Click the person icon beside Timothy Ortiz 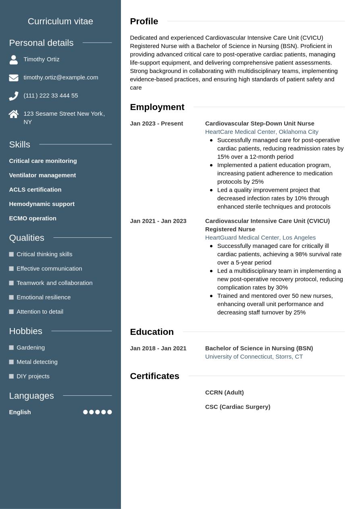(14, 60)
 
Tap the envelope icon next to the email (14, 78)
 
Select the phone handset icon (14, 96)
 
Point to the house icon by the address (14, 114)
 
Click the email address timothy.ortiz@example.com (60, 77)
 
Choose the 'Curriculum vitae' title (60, 21)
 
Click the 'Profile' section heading (144, 21)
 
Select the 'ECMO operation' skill (33, 218)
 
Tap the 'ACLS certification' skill (35, 189)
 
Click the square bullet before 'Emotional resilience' (11, 297)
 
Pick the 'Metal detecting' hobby (37, 362)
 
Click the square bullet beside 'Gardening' (11, 347)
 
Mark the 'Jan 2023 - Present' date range (156, 124)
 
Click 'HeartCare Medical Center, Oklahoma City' (262, 132)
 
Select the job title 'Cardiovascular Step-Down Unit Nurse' (260, 124)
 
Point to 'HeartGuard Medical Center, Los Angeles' (260, 238)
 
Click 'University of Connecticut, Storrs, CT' (254, 357)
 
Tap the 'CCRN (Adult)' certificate (224, 393)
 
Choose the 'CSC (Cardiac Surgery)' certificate (237, 407)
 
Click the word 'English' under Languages (20, 412)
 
